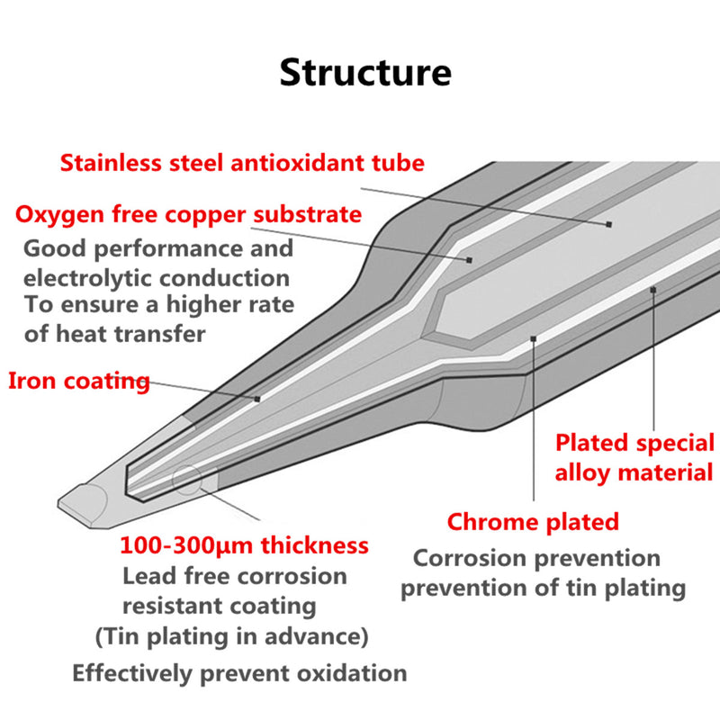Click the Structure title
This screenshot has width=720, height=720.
[364, 73]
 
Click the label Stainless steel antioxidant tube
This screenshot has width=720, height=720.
[241, 164]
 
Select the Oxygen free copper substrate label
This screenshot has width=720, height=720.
[189, 215]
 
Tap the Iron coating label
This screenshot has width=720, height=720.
[79, 381]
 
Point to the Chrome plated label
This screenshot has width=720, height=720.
[534, 521]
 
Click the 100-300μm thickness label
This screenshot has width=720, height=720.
[244, 545]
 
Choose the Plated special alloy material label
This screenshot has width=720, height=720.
[634, 457]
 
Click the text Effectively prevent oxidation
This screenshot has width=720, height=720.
[239, 672]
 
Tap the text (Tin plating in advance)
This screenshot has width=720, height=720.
[232, 637]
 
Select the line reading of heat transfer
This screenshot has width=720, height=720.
[114, 334]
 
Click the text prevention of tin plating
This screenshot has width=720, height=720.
[544, 589]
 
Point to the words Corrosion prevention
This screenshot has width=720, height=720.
[536, 558]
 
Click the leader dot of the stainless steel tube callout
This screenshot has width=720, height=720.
[609, 223]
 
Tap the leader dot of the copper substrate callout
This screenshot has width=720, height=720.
[469, 259]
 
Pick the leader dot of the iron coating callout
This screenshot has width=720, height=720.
[257, 398]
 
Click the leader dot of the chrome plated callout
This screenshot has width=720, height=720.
[535, 338]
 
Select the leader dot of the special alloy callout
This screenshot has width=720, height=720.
[653, 289]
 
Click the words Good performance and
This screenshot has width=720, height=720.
[158, 248]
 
